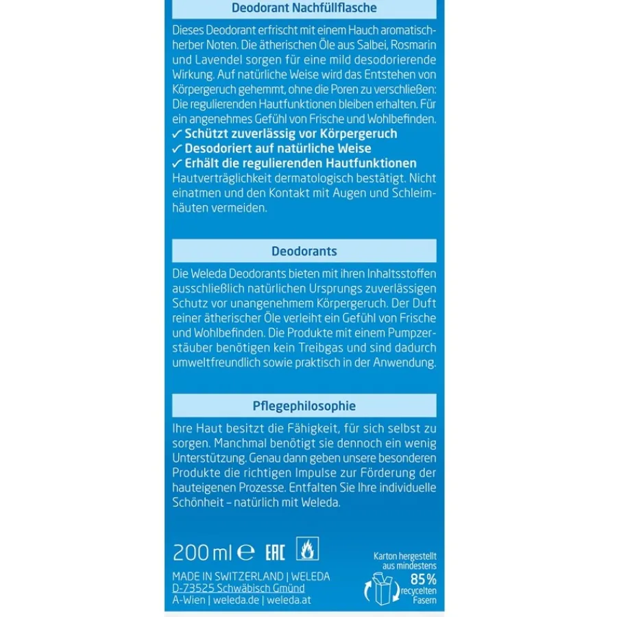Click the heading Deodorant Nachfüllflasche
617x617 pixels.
[x=304, y=8]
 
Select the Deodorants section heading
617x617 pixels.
[x=304, y=251]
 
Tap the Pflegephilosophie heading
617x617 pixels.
[x=304, y=406]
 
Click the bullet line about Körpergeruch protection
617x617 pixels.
[x=285, y=134]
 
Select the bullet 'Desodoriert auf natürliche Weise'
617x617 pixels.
[x=271, y=149]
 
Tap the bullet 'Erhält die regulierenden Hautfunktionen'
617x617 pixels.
[x=294, y=163]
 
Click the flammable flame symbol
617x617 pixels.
[x=307, y=549]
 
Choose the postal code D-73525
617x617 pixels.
[x=196, y=588]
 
